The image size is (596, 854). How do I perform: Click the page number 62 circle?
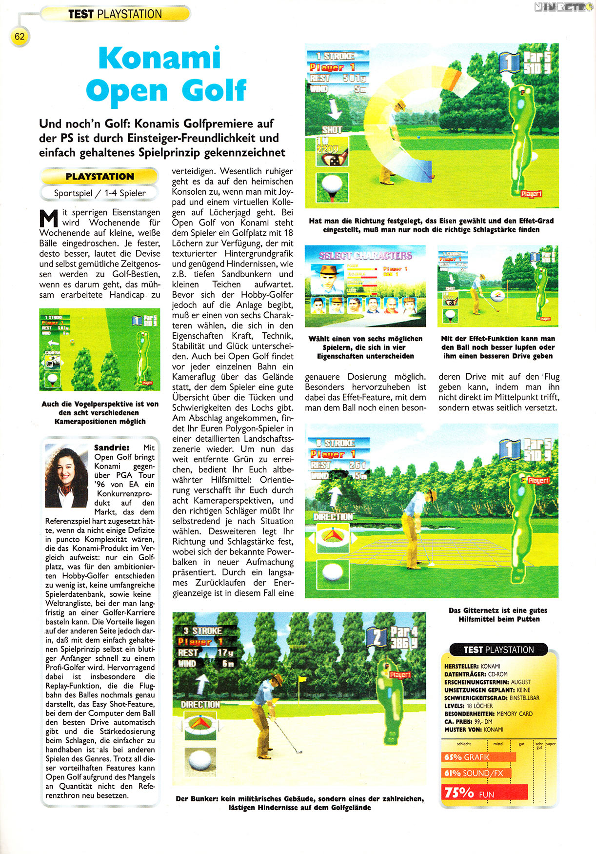coord(20,37)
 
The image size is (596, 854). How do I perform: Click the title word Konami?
coord(159,59)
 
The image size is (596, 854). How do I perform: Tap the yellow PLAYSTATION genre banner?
coord(100,177)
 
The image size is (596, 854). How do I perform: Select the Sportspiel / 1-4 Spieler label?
coord(100,193)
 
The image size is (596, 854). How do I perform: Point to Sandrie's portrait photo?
coord(66,475)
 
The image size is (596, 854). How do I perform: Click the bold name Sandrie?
coord(112,447)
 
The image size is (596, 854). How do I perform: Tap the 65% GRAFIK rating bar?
coord(478,757)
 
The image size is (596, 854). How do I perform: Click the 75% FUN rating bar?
coord(485,792)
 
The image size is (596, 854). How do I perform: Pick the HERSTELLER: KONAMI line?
coord(472,666)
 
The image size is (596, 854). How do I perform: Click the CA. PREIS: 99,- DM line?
coord(468,721)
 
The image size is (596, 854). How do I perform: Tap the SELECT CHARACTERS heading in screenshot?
coord(365,255)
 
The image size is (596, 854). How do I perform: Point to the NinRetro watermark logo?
coord(563,7)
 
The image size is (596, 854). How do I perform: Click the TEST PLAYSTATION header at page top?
coord(115,14)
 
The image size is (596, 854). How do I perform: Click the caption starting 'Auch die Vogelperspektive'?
coord(100,412)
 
